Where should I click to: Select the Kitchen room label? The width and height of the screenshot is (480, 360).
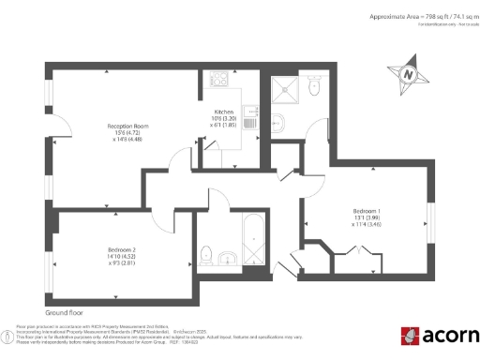click(223, 112)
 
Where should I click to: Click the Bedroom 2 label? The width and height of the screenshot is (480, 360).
click(115, 249)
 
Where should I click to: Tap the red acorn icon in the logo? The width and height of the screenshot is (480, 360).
click(410, 336)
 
